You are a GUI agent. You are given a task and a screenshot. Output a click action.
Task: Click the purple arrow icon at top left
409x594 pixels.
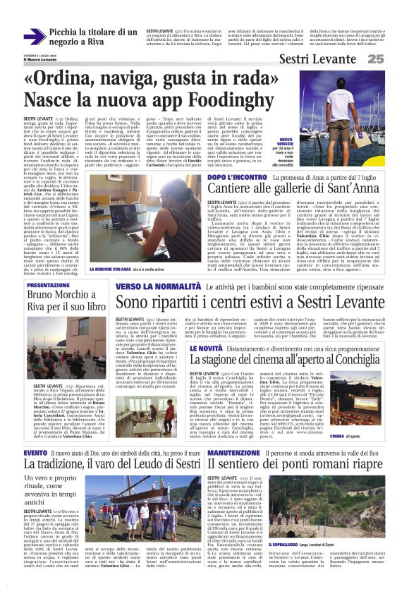coord(35,37)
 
